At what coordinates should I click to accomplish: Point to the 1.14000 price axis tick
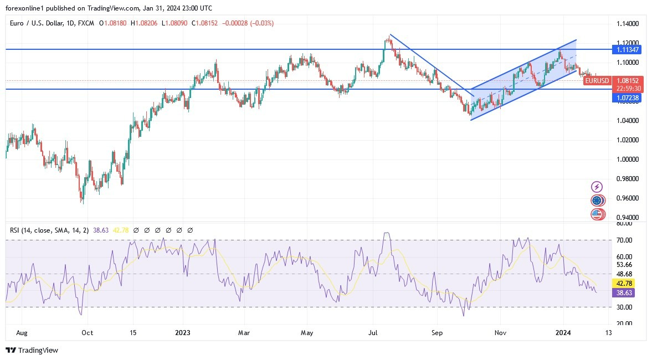pos(628,24)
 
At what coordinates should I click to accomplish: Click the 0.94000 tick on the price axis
pos(628,218)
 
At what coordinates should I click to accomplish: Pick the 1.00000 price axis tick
pos(628,160)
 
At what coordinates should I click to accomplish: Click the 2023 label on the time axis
pos(183,333)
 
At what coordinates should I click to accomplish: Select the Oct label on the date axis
pos(87,333)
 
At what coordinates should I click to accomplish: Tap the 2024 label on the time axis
pos(563,333)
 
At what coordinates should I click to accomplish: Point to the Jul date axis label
pos(373,333)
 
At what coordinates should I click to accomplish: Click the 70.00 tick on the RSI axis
pos(624,240)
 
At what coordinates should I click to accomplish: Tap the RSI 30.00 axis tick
pos(624,307)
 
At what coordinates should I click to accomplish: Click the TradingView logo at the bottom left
pos(32,350)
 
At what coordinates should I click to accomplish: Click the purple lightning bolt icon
pos(597,187)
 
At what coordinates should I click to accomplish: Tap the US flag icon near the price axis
pos(597,214)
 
